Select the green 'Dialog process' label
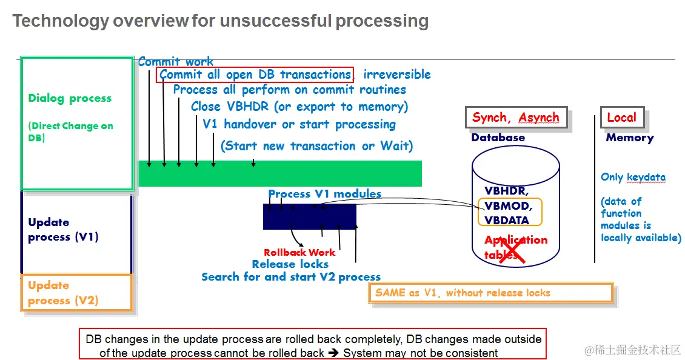(70, 98)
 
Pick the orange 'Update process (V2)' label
(63, 293)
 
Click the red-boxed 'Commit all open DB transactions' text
(255, 75)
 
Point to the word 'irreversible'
(397, 75)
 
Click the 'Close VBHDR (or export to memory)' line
(299, 107)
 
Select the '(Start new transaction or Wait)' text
(316, 146)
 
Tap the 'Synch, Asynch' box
(516, 118)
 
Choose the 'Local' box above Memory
(622, 118)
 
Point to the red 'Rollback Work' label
(299, 252)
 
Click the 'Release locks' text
(290, 264)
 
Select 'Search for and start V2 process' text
(291, 277)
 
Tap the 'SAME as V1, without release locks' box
(490, 293)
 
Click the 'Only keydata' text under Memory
(633, 178)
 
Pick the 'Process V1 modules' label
(325, 194)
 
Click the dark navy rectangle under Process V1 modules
(309, 216)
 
